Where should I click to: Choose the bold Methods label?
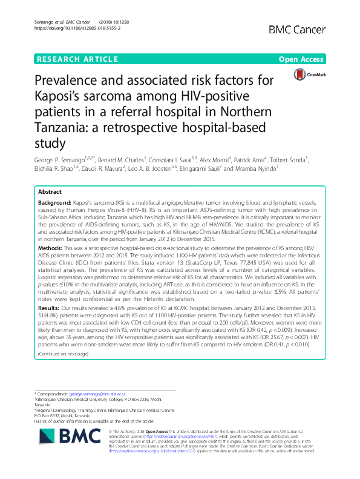pyautogui.click(x=50, y=247)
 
